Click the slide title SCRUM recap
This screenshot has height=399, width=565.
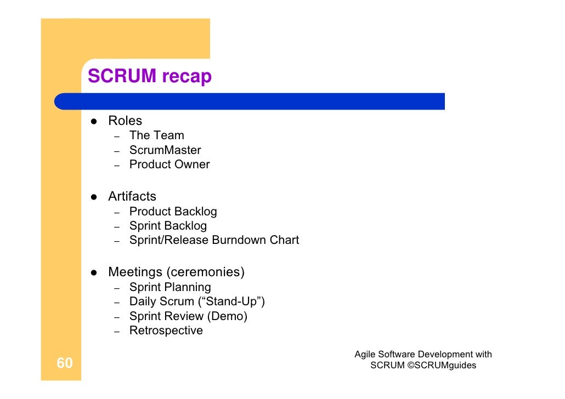(149, 76)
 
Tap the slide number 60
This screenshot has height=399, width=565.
(65, 363)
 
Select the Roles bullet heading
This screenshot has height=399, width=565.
(125, 121)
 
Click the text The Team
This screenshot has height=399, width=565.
(157, 135)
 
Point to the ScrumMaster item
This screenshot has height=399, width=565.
(165, 150)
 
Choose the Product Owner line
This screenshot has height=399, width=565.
(169, 164)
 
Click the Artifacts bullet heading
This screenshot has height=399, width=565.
(132, 196)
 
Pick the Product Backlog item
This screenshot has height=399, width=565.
(173, 212)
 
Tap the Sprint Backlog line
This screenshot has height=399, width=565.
(168, 226)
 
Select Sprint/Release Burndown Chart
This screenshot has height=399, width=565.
(214, 240)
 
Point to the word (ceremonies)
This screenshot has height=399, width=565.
(206, 272)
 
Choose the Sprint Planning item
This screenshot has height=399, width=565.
(170, 287)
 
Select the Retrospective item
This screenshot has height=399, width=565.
(166, 330)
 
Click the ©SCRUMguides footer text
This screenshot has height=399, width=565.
(442, 365)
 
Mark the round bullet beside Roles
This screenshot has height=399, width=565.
(94, 121)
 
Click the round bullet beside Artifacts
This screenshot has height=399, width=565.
(94, 197)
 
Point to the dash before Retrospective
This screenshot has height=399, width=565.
(117, 332)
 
